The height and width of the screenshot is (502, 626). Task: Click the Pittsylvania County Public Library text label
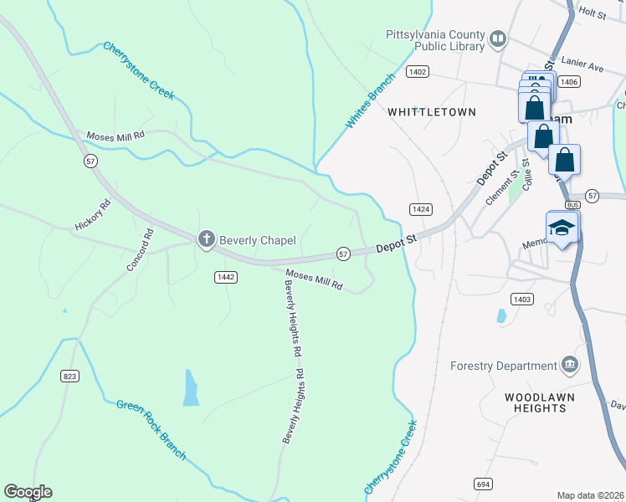435,40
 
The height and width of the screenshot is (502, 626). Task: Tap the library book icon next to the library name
498,38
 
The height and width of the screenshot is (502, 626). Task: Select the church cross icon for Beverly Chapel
206,240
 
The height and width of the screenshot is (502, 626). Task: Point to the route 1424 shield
420,208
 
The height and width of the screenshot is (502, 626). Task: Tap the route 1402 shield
418,73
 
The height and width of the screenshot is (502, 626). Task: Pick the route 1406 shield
569,81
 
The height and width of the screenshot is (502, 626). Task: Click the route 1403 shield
522,299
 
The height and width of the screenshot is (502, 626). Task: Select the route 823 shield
69,376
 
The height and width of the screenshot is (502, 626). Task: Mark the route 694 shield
483,484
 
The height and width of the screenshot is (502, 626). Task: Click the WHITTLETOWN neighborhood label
432,111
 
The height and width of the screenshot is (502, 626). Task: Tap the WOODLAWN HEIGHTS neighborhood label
536,402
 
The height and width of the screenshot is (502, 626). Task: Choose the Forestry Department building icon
569,365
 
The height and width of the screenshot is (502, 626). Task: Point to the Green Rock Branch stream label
151,429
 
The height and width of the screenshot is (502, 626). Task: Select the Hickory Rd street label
93,215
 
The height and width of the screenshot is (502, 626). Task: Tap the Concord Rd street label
140,249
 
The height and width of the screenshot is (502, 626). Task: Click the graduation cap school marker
562,228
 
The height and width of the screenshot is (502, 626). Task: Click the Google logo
28,492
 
